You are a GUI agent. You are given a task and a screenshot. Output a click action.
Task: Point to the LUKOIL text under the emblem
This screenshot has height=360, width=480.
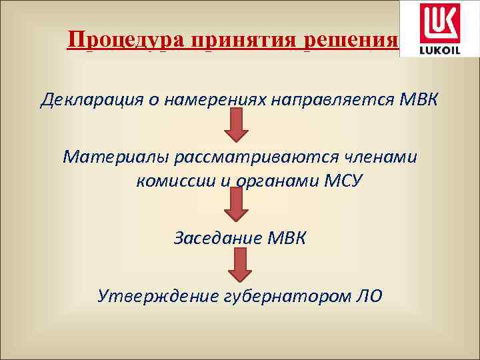coord(437,49)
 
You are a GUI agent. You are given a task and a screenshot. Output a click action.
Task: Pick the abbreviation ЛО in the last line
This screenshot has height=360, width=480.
coord(369,295)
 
